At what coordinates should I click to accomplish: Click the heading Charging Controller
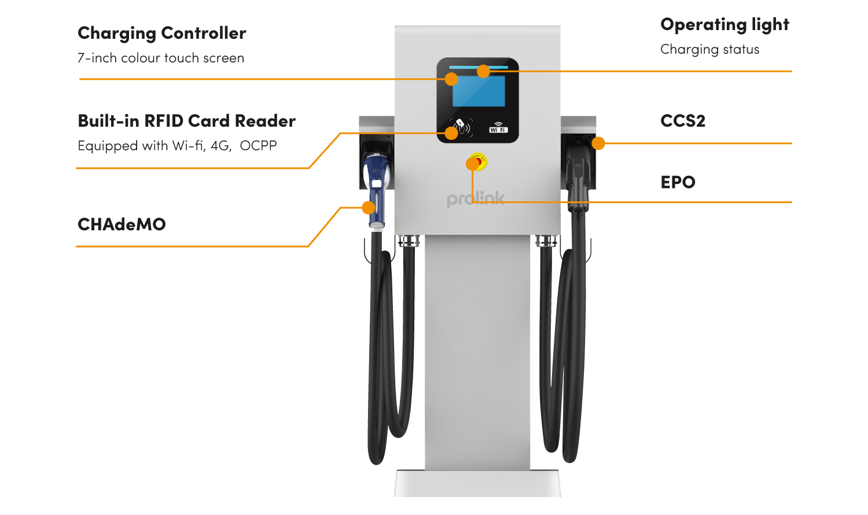(x=161, y=34)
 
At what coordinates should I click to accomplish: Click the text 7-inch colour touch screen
(x=160, y=58)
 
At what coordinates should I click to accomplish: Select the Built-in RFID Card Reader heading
(x=186, y=121)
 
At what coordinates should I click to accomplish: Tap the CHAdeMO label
(x=122, y=224)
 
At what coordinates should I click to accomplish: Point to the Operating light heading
(x=724, y=25)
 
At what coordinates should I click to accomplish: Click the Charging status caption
(x=709, y=50)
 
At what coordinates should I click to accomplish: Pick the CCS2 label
(x=683, y=121)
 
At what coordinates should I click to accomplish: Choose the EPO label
(x=678, y=182)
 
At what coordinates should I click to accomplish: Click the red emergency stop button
(x=478, y=162)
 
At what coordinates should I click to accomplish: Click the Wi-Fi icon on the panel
(x=498, y=127)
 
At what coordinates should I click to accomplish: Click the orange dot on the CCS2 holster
(x=598, y=143)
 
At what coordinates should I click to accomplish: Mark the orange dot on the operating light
(x=484, y=71)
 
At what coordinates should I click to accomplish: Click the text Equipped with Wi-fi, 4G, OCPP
(x=177, y=146)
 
